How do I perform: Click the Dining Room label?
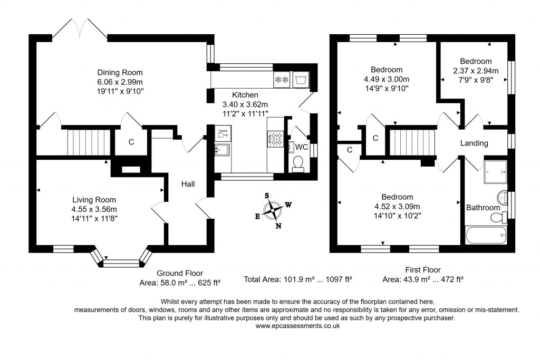pyautogui.click(x=120, y=72)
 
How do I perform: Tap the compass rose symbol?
pyautogui.click(x=274, y=210)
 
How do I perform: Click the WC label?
pyautogui.click(x=302, y=147)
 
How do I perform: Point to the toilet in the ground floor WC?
pyautogui.click(x=298, y=164)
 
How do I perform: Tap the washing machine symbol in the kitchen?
pyautogui.click(x=301, y=80)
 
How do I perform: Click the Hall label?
pyautogui.click(x=188, y=184)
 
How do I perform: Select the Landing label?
pyautogui.click(x=474, y=143)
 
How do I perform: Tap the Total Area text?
pyautogui.click(x=297, y=279)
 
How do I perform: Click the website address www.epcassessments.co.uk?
pyautogui.click(x=297, y=326)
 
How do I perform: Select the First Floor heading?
pyautogui.click(x=422, y=270)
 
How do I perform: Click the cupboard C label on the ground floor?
pyautogui.click(x=131, y=142)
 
